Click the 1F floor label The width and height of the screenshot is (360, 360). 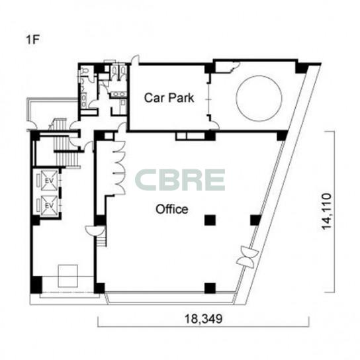point(33,40)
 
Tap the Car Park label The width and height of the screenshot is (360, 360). point(169,97)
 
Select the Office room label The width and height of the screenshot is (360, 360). point(172,209)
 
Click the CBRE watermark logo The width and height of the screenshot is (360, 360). point(180,180)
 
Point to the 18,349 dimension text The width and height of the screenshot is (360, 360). point(204,319)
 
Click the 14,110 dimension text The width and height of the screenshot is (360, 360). point(326,212)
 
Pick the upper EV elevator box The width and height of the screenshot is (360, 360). point(49,181)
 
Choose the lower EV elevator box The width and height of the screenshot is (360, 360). point(49,206)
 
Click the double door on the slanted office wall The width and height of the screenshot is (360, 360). point(248,257)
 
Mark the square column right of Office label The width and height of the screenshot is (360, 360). point(210,220)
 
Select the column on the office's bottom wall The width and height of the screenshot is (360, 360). point(210,289)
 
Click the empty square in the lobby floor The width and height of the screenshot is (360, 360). point(67,276)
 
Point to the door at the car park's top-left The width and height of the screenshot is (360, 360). point(135,60)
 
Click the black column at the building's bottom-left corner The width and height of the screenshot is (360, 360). point(36,285)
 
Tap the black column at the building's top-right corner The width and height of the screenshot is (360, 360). point(302,68)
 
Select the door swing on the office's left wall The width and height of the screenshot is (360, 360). point(95,230)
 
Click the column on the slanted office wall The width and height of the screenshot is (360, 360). point(255,220)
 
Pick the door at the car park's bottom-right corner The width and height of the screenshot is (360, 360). point(215,125)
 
